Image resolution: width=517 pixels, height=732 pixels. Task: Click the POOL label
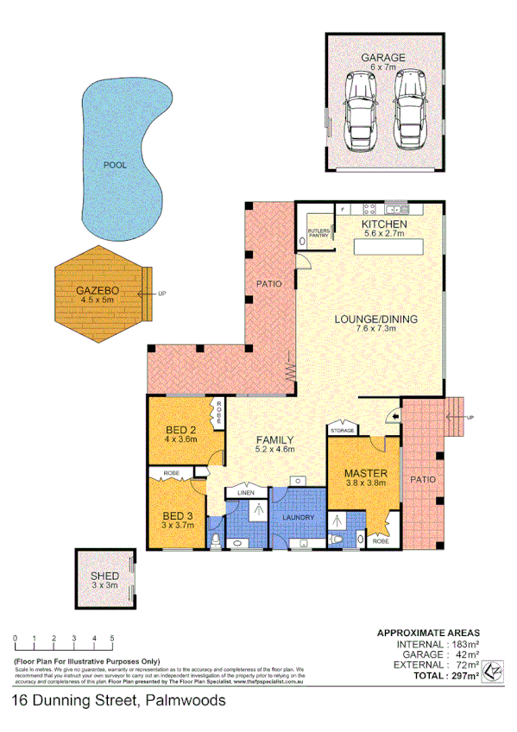tap(115, 164)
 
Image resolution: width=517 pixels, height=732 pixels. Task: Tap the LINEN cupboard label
tap(245, 493)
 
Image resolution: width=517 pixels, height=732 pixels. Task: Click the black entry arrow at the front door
tap(394, 418)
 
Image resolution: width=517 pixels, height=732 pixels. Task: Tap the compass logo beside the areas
tap(493, 670)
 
